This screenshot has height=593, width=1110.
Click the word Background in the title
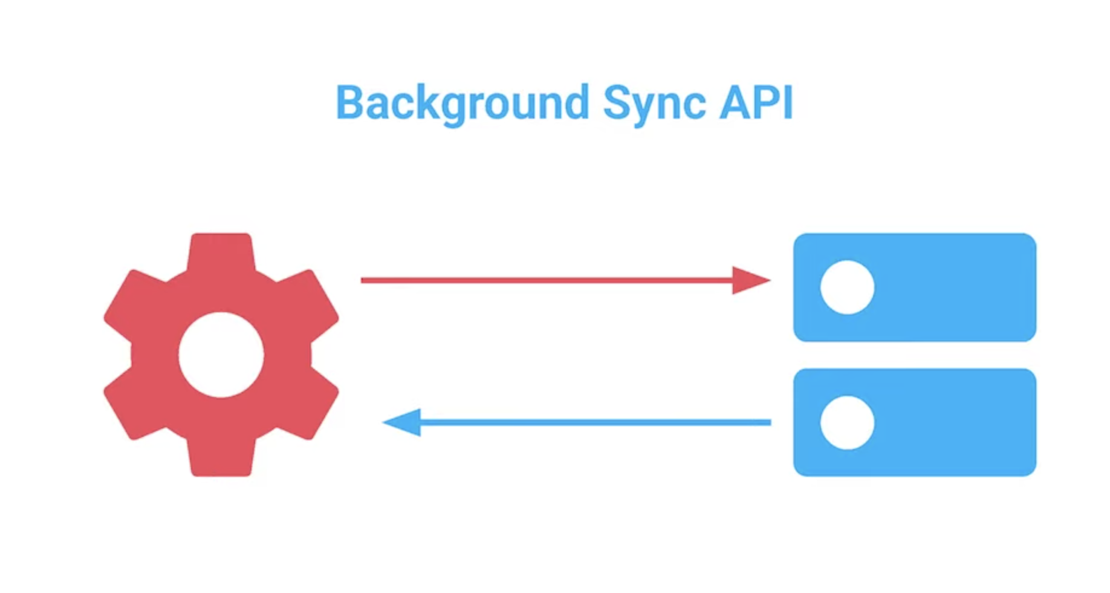462,103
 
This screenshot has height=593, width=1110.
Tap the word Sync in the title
654,103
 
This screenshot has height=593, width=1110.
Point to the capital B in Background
349,102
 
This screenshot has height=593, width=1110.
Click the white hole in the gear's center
221,355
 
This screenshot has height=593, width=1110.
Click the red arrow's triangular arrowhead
750,280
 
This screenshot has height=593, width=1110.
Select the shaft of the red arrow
544,280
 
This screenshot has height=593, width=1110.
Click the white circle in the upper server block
847,287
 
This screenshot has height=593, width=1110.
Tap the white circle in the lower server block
847,422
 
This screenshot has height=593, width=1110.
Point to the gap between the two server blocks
915,355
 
